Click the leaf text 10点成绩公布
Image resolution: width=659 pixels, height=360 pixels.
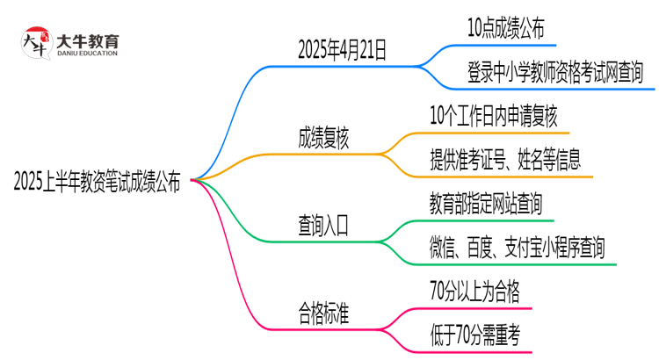[505, 28]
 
